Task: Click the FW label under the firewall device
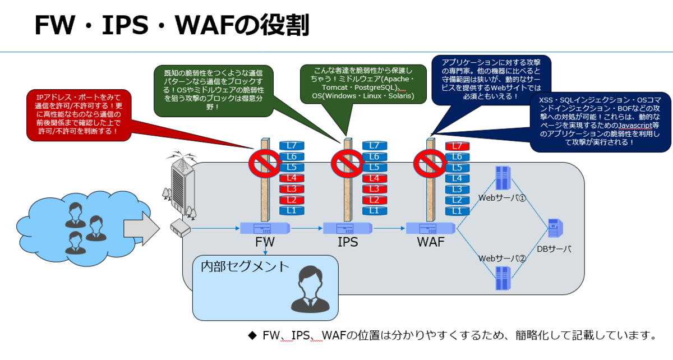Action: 265,243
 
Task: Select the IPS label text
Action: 347,243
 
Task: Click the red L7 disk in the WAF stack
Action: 457,146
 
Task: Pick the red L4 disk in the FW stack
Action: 292,178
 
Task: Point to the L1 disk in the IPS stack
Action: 375,211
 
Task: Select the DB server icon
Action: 555,229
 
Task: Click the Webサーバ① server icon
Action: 502,178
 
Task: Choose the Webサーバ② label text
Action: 501,259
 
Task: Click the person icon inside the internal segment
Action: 308,289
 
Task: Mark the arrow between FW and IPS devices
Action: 306,229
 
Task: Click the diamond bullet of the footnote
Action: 251,336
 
